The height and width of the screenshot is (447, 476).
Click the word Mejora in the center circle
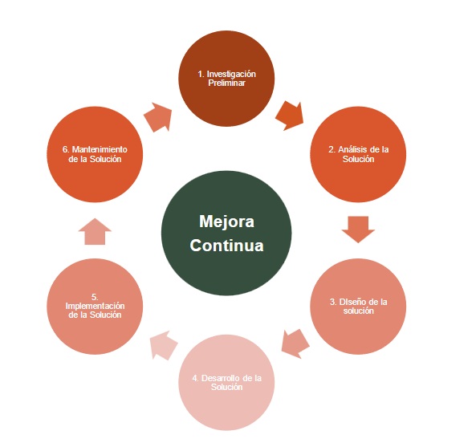[226, 221]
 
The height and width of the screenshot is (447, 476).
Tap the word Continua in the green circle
[226, 246]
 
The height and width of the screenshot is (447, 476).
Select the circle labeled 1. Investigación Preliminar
[226, 79]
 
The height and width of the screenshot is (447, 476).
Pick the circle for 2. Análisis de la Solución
[358, 154]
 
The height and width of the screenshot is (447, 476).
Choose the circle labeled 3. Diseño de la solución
[358, 307]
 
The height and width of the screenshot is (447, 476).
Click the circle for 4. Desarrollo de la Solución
[226, 382]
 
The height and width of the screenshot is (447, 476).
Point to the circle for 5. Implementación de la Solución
[95, 307]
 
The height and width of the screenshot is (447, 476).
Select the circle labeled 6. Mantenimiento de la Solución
[95, 154]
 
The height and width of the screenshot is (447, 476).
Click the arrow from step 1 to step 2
[290, 116]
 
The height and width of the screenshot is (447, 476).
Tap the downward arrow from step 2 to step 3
[358, 230]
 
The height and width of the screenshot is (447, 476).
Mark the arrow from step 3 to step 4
[295, 343]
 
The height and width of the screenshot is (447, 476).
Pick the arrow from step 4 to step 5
[164, 345]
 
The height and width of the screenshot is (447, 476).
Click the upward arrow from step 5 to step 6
[95, 231]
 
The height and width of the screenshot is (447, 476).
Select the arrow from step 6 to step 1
[158, 117]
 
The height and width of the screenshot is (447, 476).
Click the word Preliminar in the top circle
[226, 83]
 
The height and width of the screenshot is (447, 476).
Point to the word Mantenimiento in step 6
[100, 149]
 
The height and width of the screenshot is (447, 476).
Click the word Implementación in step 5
[95, 306]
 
